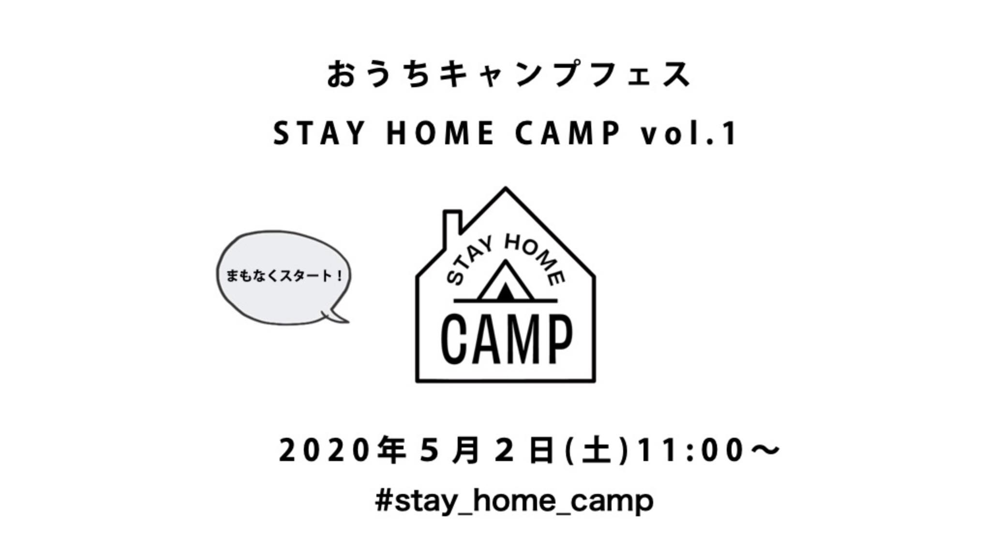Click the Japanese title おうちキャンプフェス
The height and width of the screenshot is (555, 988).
tap(509, 75)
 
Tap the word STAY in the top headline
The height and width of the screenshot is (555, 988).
tap(319, 133)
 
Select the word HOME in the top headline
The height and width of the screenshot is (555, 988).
tap(441, 133)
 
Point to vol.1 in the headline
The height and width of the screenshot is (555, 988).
tap(689, 133)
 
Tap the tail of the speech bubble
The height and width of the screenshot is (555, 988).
tap(337, 316)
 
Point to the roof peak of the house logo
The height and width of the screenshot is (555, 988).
tap(506, 188)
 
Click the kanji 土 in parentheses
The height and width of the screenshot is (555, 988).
tap(598, 450)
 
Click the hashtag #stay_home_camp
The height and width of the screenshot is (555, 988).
tap(514, 501)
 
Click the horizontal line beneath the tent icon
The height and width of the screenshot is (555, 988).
tap(506, 301)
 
